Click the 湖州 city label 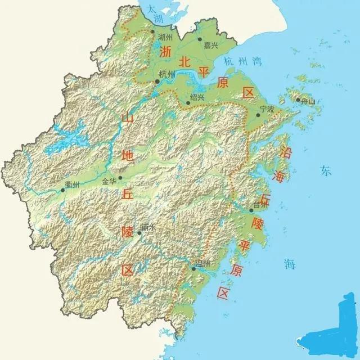(x=165, y=38)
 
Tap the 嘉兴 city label (x=211, y=45)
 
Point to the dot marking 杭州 (x=157, y=81)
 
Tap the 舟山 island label (x=308, y=102)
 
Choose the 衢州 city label (x=72, y=184)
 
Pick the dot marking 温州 (x=193, y=269)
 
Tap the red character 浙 (x=165, y=52)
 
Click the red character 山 (x=128, y=118)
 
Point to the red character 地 (x=128, y=156)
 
